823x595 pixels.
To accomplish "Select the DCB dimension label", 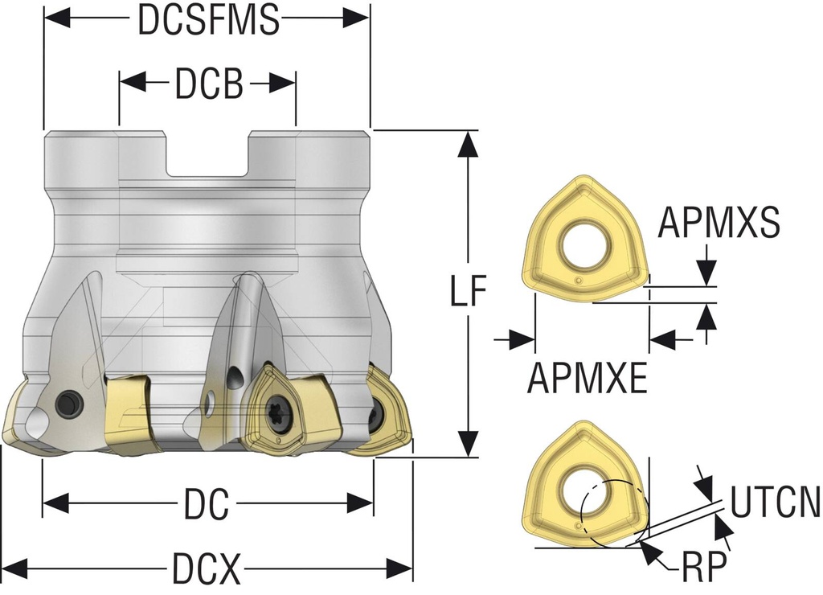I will [208, 83].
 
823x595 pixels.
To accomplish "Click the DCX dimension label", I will [207, 570].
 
